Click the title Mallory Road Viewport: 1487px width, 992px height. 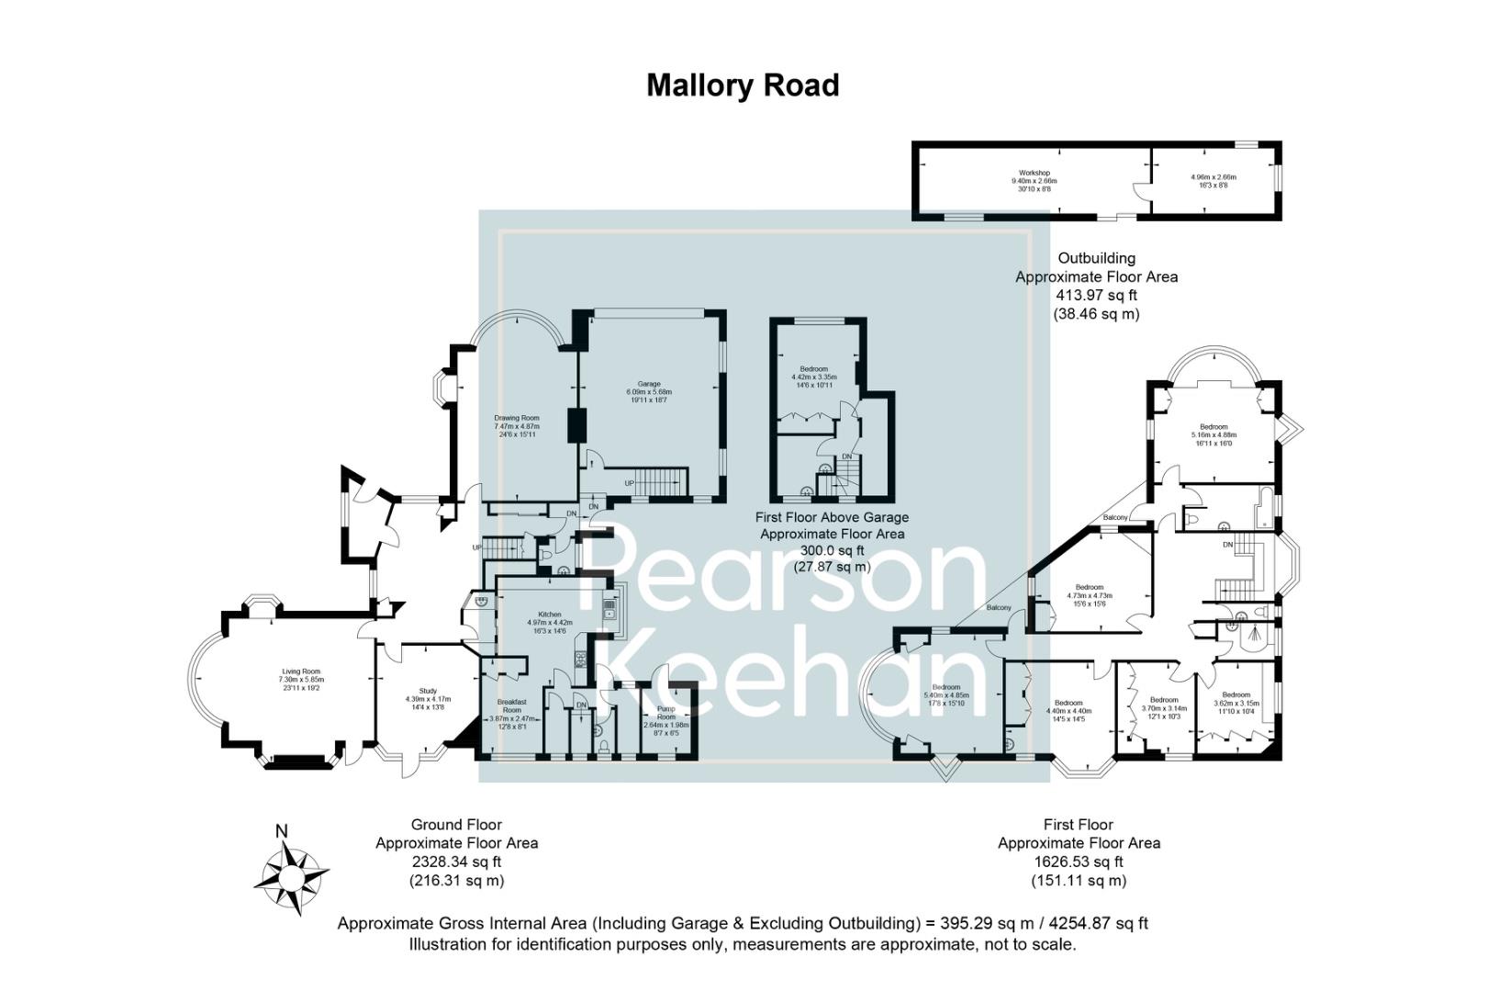click(x=743, y=85)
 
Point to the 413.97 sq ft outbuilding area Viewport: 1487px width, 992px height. click(x=1096, y=295)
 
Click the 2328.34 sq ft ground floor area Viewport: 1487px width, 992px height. click(x=456, y=862)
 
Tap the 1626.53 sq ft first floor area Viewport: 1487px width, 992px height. click(x=1079, y=862)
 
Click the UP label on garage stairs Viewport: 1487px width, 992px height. click(x=630, y=483)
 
